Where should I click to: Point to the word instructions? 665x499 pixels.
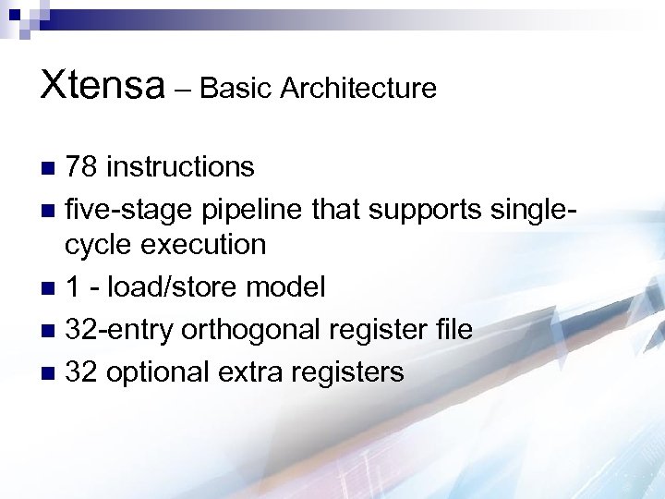tap(180, 167)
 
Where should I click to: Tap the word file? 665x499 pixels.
tap(453, 330)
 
